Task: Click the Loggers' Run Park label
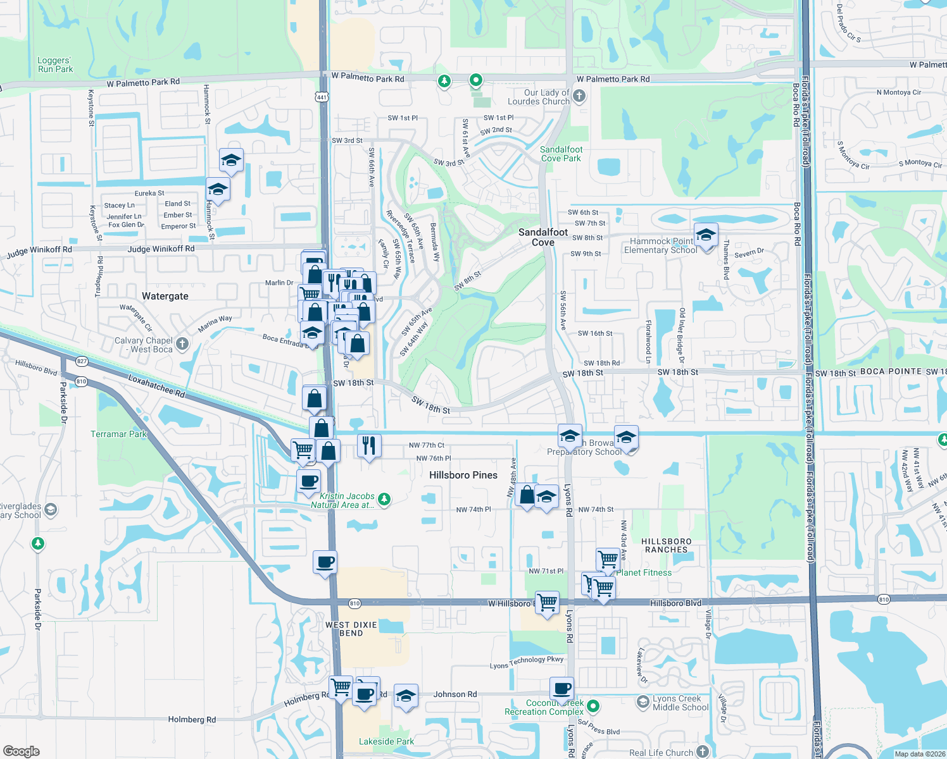tap(55, 65)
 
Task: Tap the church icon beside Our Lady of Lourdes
tap(579, 96)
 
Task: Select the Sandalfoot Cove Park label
tap(561, 154)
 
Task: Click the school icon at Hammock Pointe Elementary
tap(706, 235)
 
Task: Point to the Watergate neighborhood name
tap(165, 296)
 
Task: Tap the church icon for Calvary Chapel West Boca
tap(182, 343)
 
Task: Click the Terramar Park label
tap(118, 434)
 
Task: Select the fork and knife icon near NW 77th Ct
tap(369, 445)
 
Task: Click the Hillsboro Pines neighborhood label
tap(463, 475)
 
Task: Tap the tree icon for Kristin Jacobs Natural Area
tap(384, 500)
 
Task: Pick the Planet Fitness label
tap(644, 572)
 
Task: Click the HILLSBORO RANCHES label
tap(667, 545)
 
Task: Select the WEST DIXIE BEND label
tap(351, 629)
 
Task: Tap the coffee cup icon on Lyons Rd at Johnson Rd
tap(561, 688)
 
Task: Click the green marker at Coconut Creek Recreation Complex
tap(593, 705)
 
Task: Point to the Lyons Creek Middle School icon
tap(643, 701)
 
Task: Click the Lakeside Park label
tap(386, 741)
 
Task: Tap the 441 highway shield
tap(322, 97)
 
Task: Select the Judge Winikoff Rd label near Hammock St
tap(161, 249)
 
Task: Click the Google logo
tap(21, 751)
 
